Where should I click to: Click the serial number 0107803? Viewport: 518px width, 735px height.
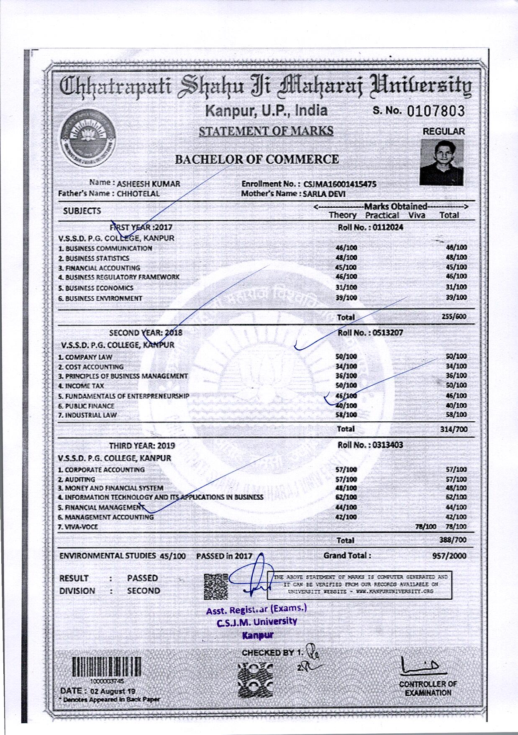[435, 111]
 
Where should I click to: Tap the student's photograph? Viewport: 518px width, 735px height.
[442, 162]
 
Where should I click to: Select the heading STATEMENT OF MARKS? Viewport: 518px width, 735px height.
[266, 131]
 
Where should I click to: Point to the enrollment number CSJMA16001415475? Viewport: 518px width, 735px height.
[340, 184]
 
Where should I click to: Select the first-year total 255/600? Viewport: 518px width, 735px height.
[454, 317]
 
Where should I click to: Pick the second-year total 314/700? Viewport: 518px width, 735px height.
[454, 429]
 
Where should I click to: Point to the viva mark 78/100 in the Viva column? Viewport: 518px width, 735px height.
[426, 526]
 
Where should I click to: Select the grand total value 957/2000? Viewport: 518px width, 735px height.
[449, 556]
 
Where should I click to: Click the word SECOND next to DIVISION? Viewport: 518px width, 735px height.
[144, 591]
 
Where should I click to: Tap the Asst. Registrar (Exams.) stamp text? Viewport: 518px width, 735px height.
[256, 609]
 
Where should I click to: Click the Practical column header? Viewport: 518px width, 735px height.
[382, 215]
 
